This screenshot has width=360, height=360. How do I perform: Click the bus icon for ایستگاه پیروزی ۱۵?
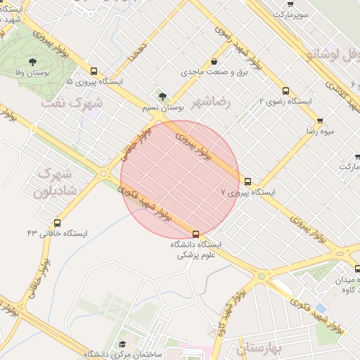tap(94, 70)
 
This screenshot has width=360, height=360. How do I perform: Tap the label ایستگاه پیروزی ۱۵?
tap(94, 82)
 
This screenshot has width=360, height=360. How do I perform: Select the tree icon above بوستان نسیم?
tap(163, 96)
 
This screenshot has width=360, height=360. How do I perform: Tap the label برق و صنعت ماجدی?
tap(210, 72)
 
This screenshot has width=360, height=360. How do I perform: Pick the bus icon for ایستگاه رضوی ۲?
tap(285, 91)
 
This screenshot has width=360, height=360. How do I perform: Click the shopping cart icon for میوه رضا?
tap(320, 121)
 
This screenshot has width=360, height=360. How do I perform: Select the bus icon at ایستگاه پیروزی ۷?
tap(247, 181)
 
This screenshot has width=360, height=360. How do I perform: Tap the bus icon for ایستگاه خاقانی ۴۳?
tap(57, 223)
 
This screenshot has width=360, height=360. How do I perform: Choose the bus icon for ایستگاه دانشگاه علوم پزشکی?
tap(195, 234)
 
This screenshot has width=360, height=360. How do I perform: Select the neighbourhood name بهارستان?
tap(258, 348)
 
